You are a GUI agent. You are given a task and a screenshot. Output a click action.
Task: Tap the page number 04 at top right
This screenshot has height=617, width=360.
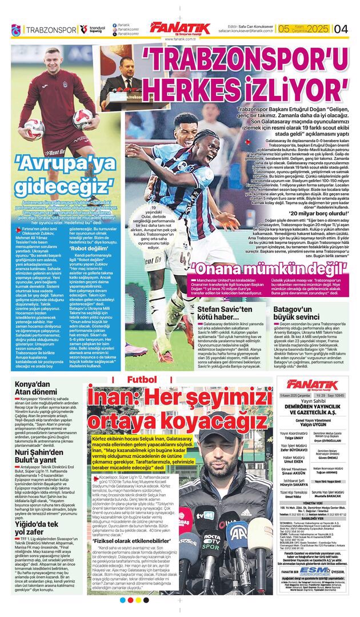tap(341, 29)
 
